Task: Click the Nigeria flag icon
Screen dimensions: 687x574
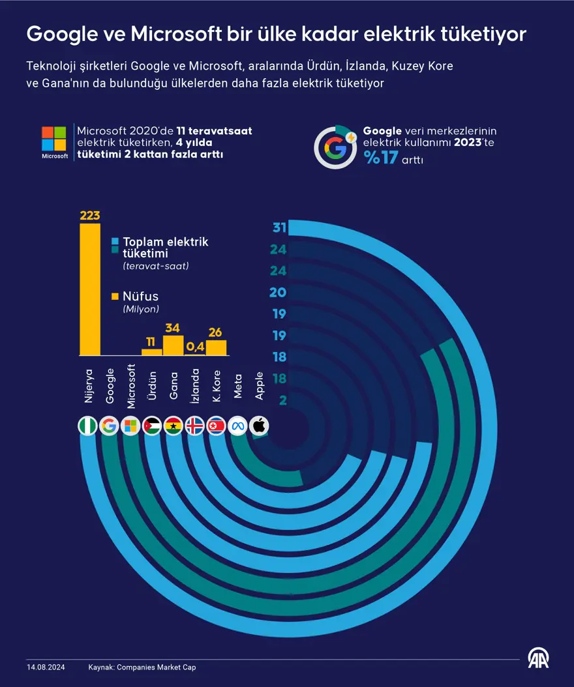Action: coord(89,426)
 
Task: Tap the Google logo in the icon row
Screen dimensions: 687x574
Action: coord(110,426)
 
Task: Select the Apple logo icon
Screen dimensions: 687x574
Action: coord(259,426)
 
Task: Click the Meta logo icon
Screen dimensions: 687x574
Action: coord(237,426)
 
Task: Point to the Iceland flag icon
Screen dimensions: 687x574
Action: coord(195,426)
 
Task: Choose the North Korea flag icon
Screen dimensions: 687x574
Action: coord(216,426)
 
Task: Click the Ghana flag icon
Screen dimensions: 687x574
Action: coord(174,426)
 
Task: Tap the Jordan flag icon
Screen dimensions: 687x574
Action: coord(153,426)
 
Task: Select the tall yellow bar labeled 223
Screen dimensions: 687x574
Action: coord(90,289)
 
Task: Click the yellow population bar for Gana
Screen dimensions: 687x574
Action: coord(173,345)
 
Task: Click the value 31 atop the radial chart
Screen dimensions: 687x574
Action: coord(280,228)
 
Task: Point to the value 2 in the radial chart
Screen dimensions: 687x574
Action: coord(283,400)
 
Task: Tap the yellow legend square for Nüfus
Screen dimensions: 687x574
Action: coord(115,297)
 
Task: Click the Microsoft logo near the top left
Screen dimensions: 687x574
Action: coord(54,138)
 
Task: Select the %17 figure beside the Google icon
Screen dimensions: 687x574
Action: coord(382,158)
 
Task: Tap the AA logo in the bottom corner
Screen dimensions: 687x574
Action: coord(538,660)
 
